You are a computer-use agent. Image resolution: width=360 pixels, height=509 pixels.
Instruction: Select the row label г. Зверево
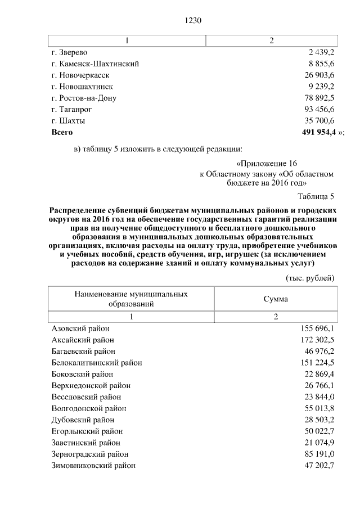pos(69,52)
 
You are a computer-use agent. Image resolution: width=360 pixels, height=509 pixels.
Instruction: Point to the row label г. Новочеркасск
pos(80,75)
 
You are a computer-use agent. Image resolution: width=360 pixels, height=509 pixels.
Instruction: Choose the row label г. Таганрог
pos(71,109)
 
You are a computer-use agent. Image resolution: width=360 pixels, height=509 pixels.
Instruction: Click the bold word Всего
pos(62,132)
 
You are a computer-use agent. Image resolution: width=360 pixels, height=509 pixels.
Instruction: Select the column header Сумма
pos(276,299)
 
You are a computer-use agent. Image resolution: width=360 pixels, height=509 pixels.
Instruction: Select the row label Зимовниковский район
pos(93,466)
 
